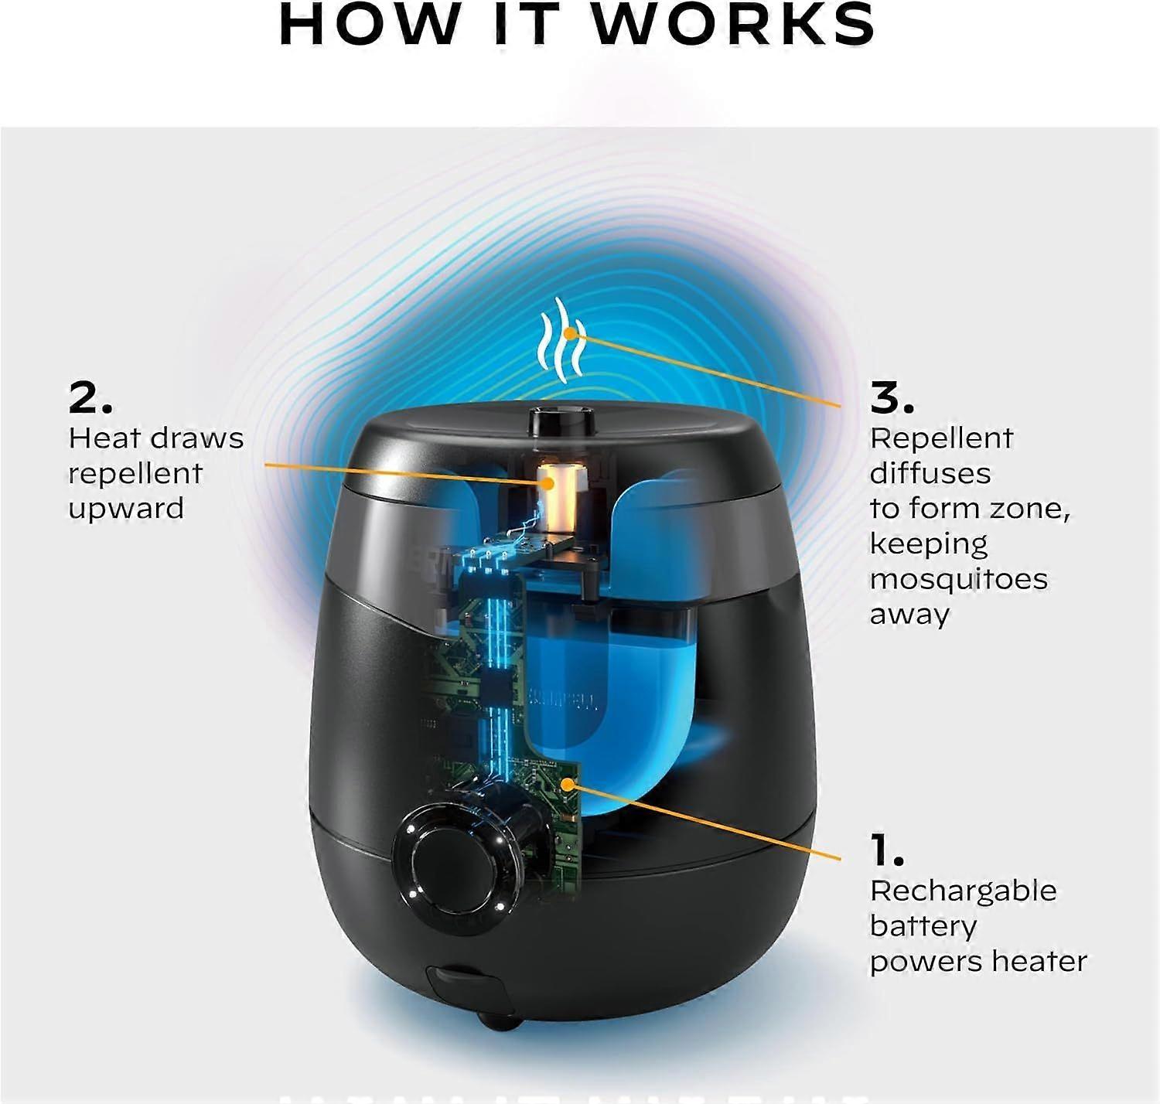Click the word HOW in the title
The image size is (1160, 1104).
tap(368, 24)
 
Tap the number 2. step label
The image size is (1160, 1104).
tap(90, 399)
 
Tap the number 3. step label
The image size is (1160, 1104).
tap(892, 399)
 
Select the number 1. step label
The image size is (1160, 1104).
tap(887, 851)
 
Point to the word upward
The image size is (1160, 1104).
tap(126, 509)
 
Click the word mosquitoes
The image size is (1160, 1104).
tap(958, 579)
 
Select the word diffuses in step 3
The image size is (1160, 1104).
tap(930, 473)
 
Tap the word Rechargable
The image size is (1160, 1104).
tap(963, 891)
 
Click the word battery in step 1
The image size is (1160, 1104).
tap(923, 926)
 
